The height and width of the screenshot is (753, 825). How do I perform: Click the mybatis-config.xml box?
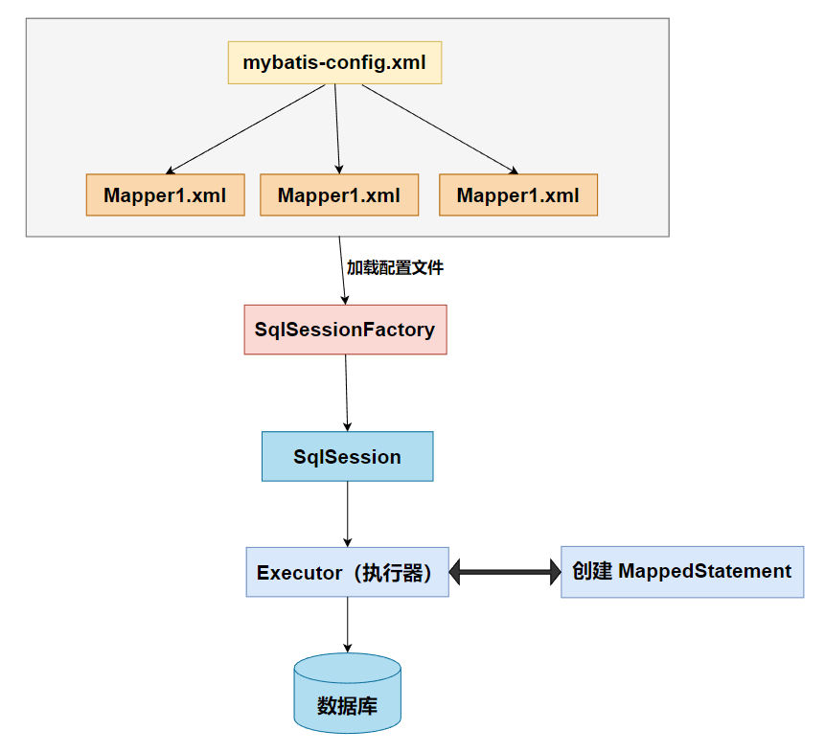coord(334,63)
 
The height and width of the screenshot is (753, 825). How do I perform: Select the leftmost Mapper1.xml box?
coord(165,194)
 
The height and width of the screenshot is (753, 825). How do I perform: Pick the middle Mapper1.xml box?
coord(339,194)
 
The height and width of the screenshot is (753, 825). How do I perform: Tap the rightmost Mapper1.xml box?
coord(517,194)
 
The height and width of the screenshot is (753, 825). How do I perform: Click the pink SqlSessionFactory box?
coord(345,330)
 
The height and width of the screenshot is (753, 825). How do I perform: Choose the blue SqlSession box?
coord(347,456)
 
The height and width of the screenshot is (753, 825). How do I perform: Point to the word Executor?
coord(299,573)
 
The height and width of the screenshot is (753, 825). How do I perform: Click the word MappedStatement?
coord(705,571)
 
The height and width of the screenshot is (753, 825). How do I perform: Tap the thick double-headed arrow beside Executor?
coord(505,573)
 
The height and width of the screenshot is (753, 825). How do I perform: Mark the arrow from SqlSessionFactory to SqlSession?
coord(346,392)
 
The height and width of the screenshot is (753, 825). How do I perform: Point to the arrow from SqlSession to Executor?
coord(347,513)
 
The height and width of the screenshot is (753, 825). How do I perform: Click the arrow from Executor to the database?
coord(347,625)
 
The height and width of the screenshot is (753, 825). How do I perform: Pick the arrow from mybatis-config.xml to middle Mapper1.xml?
coord(337,128)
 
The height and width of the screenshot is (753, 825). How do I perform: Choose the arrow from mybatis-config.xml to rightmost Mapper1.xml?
coord(439,128)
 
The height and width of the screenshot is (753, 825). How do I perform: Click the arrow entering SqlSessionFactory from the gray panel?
coord(342,278)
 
